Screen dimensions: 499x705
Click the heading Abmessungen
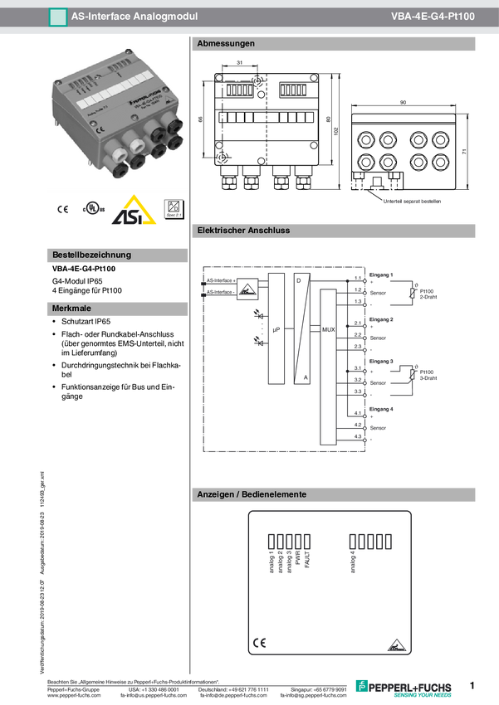coord(226,44)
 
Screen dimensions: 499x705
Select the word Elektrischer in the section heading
coord(220,231)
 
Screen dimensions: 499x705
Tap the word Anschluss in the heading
coord(268,231)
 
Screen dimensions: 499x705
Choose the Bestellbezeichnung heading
coord(91,255)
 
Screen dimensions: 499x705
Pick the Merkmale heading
coord(71,308)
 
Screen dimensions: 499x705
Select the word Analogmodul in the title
coord(164,16)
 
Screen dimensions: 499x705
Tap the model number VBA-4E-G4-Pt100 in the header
coord(433,16)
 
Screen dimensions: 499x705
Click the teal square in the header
coord(57,16)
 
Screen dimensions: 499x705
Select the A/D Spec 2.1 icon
coord(174,210)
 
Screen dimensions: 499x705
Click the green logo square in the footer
coord(361,685)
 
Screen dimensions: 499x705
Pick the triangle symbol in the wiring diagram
coord(246,289)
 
